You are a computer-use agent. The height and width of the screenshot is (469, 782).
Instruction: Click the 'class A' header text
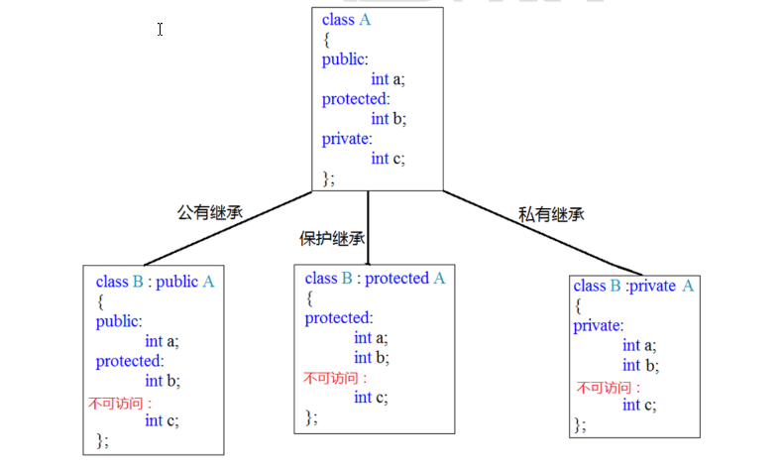346,20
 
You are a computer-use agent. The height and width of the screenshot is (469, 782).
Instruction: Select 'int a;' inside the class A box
388,79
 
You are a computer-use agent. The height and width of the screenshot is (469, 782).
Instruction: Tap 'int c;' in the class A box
388,159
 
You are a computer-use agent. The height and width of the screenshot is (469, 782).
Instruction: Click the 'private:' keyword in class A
347,139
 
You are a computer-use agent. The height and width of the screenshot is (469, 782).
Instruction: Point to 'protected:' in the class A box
356,99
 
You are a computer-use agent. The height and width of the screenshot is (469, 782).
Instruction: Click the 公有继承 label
210,212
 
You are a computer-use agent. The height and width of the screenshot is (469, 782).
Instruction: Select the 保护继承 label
332,239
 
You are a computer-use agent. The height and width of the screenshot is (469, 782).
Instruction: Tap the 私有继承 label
551,214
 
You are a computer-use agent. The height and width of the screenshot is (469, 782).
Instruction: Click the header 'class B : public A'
155,282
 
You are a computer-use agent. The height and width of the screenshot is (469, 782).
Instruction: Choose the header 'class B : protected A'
375,278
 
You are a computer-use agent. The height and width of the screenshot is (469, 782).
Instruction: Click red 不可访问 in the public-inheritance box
120,403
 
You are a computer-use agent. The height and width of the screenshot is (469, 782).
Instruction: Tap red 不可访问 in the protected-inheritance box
335,378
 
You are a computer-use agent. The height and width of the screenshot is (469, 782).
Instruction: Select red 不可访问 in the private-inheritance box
608,388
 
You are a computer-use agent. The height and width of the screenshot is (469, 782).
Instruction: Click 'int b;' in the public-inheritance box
163,381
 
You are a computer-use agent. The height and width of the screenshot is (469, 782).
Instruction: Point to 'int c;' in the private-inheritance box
639,405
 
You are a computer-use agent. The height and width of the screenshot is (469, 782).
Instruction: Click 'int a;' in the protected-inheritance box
371,338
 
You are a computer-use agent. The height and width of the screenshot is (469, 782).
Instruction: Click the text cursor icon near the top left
160,30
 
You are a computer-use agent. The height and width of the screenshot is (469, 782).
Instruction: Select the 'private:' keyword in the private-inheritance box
598,326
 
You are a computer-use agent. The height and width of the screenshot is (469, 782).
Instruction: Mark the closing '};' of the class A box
328,178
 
